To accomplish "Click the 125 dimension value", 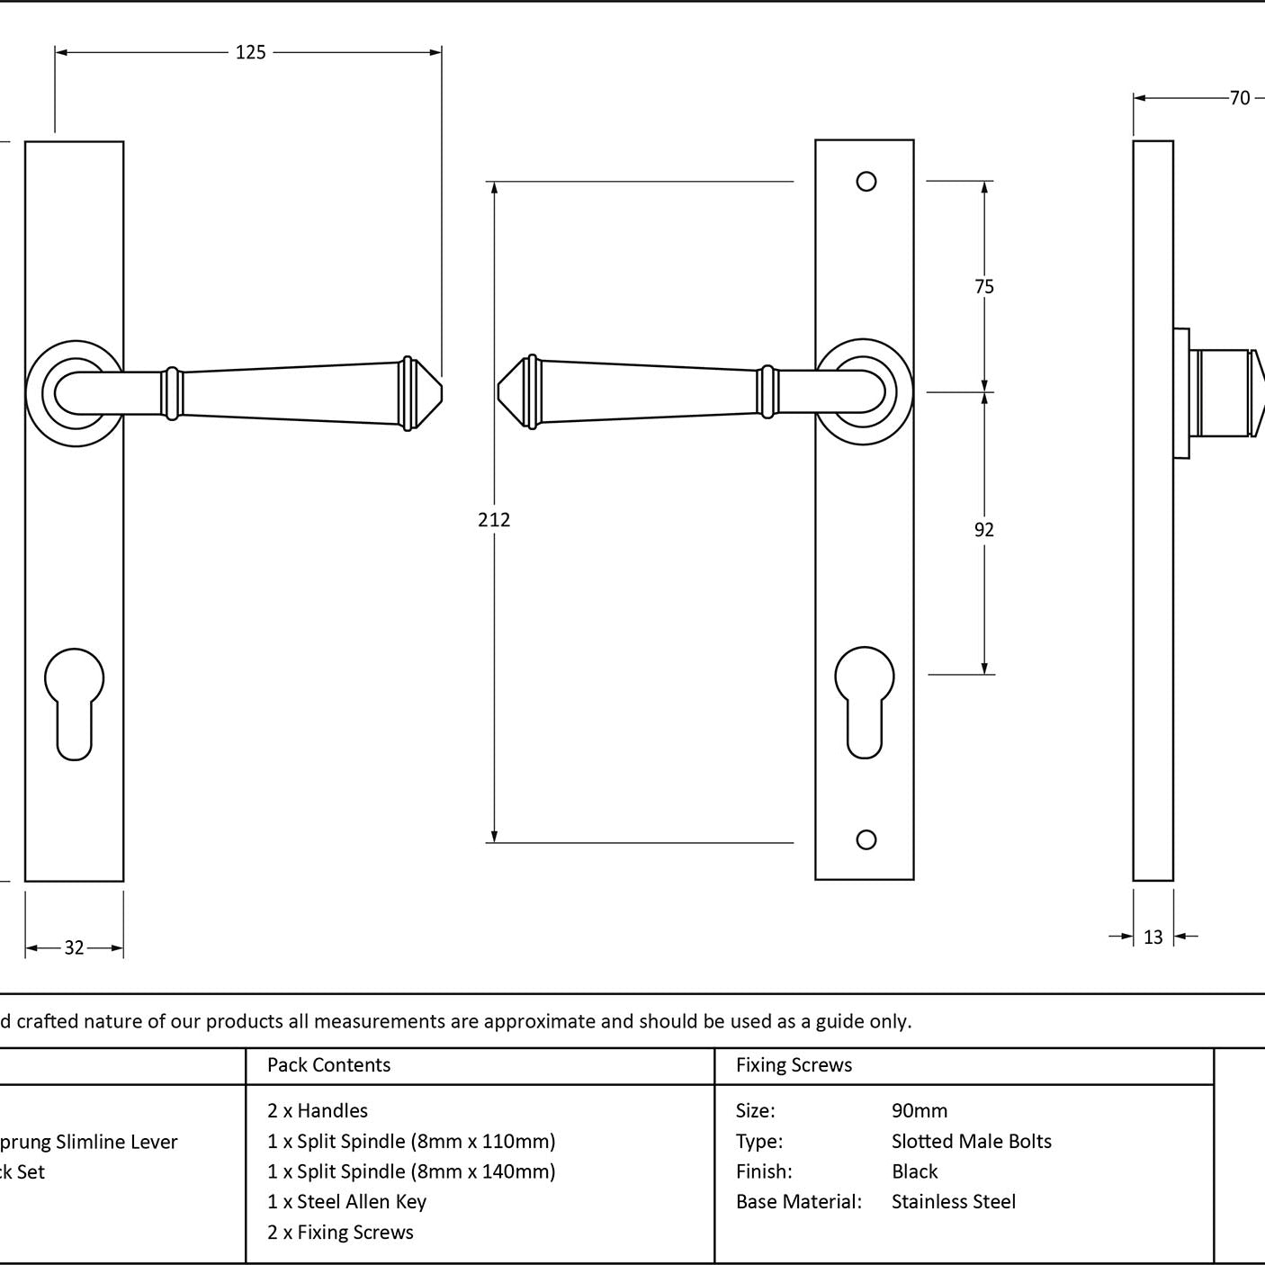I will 251,53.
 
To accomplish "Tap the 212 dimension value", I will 494,520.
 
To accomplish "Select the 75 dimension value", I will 984,287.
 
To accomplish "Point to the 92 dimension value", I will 984,530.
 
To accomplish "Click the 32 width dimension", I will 74,947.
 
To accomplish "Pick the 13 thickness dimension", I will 1153,938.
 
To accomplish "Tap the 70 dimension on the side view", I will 1239,98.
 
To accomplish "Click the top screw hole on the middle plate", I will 866,182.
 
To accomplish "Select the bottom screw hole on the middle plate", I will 866,839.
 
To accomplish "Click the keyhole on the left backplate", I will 74,703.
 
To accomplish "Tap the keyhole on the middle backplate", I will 865,701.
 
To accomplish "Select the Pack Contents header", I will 328,1065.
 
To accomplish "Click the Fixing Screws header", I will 794,1065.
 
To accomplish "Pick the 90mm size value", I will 920,1110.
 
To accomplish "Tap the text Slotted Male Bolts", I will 971,1141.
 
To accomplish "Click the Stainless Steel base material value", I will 953,1201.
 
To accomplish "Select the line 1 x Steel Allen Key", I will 346,1201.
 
